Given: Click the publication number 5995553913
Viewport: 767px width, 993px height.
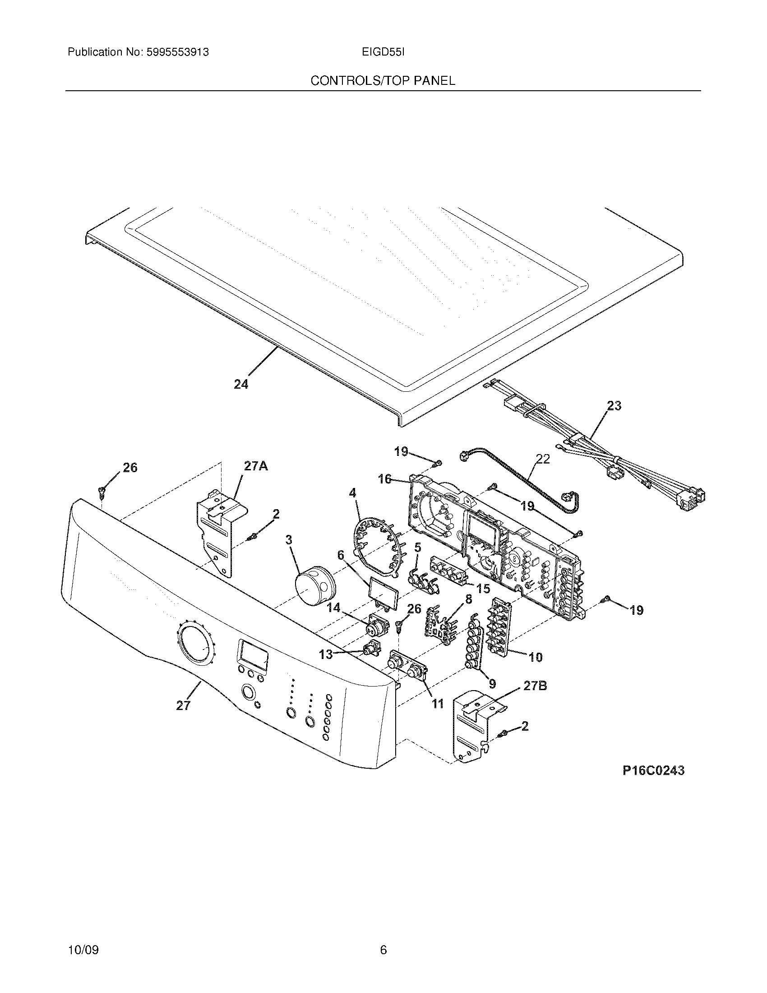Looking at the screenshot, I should (178, 52).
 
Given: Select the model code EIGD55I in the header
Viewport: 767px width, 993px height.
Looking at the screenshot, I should (383, 52).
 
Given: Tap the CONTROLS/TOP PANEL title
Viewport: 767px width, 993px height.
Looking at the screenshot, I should (383, 81).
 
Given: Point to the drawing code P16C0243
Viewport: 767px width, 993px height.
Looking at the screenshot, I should (653, 770).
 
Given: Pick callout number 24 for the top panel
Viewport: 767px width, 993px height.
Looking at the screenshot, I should (241, 385).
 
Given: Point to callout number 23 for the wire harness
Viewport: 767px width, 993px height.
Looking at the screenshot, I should (614, 406).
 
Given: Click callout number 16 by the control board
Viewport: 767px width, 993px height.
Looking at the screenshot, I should (385, 479).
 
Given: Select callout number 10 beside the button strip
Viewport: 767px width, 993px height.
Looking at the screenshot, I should (536, 657).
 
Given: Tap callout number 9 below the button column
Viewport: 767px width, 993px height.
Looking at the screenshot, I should (492, 683).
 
